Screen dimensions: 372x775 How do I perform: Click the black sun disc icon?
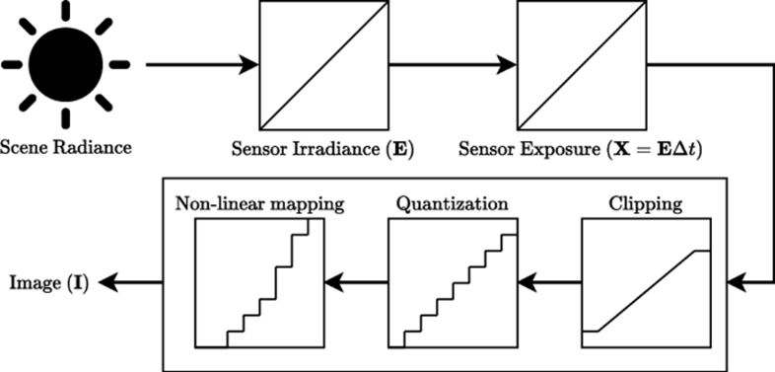pyautogui.click(x=66, y=65)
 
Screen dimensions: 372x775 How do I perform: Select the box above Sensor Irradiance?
pyautogui.click(x=323, y=66)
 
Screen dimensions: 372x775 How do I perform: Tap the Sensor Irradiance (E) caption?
pyautogui.click(x=323, y=152)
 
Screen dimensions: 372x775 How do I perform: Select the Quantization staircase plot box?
pyautogui.click(x=453, y=283)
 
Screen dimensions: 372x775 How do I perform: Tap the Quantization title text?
pyautogui.click(x=453, y=204)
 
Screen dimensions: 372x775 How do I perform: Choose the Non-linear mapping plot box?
pyautogui.click(x=258, y=283)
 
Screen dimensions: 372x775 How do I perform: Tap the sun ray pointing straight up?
pyautogui.click(x=66, y=10)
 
